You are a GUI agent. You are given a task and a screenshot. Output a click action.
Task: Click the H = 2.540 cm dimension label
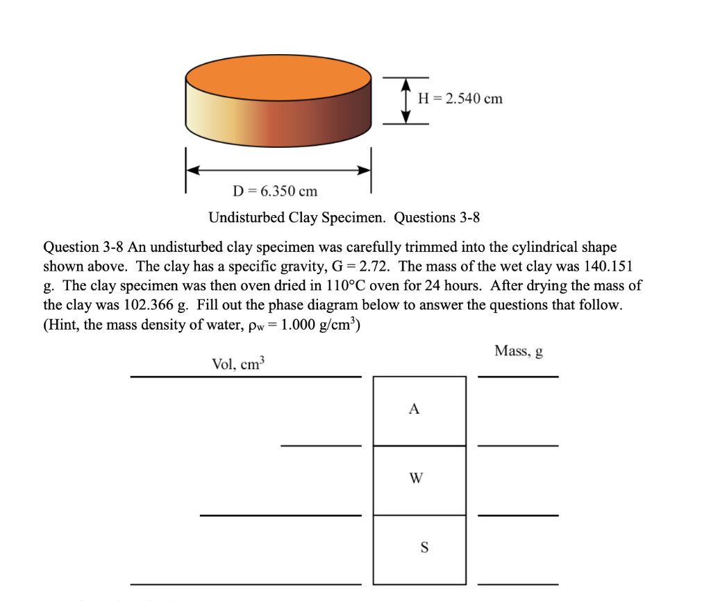coord(460,99)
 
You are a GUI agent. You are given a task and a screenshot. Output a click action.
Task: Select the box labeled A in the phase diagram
coord(419,410)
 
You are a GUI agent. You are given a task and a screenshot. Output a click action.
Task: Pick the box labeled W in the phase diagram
coord(419,480)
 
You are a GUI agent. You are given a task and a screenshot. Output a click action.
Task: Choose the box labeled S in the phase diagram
coord(419,549)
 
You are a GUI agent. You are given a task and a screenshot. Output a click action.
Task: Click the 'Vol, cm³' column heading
coord(238,365)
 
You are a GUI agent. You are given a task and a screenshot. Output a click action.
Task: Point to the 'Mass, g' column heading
coord(518,352)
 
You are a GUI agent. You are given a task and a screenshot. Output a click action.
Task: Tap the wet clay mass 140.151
coord(606,266)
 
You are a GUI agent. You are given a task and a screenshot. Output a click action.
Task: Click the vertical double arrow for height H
coord(407,99)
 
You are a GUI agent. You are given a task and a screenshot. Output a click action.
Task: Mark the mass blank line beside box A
coord(518,446)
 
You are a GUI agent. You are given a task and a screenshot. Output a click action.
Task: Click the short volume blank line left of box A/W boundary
coord(321,446)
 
